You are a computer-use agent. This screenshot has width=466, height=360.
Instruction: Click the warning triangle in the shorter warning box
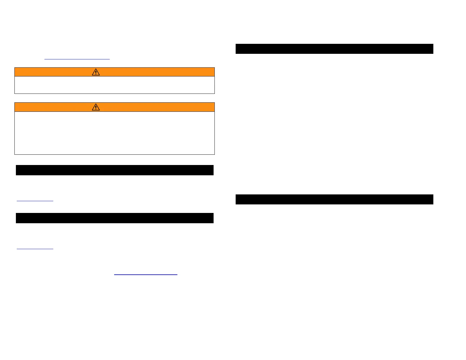pyautogui.click(x=96, y=72)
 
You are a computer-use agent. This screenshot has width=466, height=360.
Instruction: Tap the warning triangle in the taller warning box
pyautogui.click(x=96, y=107)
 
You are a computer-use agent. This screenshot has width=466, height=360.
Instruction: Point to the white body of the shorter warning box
pyautogui.click(x=114, y=85)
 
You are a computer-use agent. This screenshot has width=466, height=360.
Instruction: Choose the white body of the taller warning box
pyautogui.click(x=114, y=133)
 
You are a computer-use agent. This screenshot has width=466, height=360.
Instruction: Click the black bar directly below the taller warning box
pyautogui.click(x=114, y=170)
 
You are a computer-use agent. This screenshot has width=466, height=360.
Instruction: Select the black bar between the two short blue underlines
pyautogui.click(x=114, y=218)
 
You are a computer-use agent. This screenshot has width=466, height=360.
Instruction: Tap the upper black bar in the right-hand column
pyautogui.click(x=334, y=49)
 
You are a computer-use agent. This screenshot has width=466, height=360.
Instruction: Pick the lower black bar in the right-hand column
pyautogui.click(x=334, y=199)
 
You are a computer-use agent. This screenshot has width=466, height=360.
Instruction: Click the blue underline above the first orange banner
pyautogui.click(x=77, y=59)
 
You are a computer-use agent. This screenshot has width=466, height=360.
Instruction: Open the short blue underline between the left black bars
pyautogui.click(x=35, y=201)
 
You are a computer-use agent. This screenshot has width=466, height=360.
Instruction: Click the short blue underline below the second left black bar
pyautogui.click(x=35, y=249)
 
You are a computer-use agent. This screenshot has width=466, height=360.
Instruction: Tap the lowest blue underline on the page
pyautogui.click(x=146, y=275)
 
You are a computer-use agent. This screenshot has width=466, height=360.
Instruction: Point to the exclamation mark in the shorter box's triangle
pyautogui.click(x=96, y=73)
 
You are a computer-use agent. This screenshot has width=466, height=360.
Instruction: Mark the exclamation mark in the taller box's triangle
pyautogui.click(x=96, y=108)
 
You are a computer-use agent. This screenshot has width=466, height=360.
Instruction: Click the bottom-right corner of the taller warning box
pyautogui.click(x=214, y=154)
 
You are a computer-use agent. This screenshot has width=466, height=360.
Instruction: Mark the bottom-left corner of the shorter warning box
pyautogui.click(x=15, y=94)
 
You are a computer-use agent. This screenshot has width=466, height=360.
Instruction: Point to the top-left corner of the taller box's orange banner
pyautogui.click(x=15, y=103)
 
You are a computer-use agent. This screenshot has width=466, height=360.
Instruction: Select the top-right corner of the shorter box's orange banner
pyautogui.click(x=214, y=68)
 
